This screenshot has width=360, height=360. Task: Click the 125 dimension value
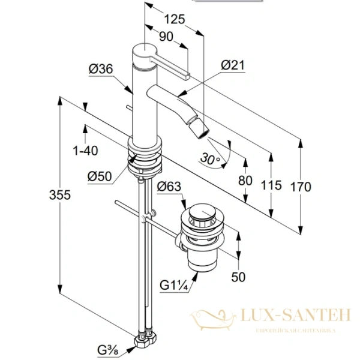pos(175,19)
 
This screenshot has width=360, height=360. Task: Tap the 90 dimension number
pos(166,37)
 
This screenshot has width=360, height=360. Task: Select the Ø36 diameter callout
pos(101,68)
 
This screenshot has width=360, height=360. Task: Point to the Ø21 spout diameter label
pos(233,65)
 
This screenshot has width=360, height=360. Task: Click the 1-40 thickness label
pos(85,151)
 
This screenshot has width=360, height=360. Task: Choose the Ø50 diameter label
pos(100,176)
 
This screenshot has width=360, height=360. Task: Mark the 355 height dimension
pos(60,195)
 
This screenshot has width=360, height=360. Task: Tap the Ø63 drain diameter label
pos(169,186)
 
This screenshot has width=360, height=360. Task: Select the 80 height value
pos(245,181)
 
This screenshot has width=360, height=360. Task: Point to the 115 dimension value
pos(271,185)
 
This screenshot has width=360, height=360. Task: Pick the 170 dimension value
pos(301,187)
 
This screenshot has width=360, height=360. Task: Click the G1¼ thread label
pos(174,286)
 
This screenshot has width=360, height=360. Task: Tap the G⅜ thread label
pos(108,350)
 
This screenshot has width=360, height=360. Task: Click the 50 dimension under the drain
pos(238,277)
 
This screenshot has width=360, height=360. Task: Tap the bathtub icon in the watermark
pos(212,320)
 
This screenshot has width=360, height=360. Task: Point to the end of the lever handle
pos(187,76)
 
